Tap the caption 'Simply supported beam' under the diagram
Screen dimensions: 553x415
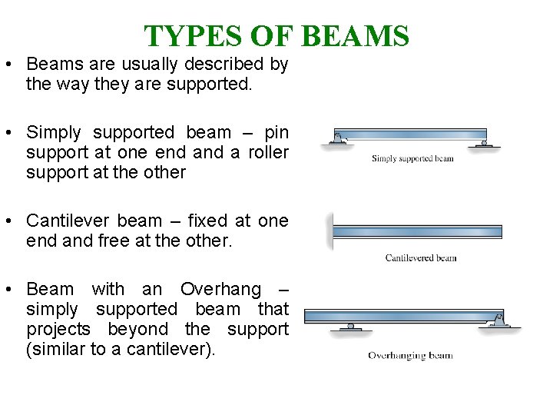pos(412,159)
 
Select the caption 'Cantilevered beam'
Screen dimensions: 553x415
pos(421,257)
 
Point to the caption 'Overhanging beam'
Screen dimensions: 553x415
pos(410,356)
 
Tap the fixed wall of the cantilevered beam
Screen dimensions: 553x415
pos(330,231)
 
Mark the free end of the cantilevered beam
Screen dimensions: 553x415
pos(500,231)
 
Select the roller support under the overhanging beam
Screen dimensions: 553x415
pos(351,327)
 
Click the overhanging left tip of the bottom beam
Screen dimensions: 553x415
pos(306,315)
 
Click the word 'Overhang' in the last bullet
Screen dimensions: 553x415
pos(220,290)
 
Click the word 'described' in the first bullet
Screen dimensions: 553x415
pos(220,65)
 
